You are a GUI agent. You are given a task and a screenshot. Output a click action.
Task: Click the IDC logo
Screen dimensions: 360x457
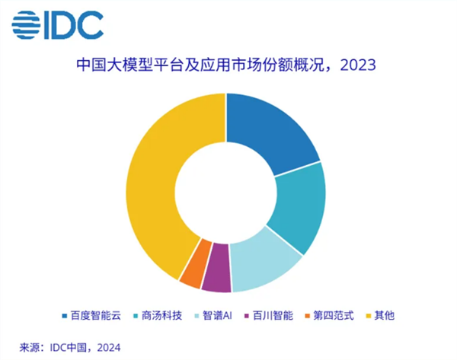pos(57,26)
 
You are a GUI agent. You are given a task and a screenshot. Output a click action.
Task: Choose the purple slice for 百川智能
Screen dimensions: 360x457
pos(217,279)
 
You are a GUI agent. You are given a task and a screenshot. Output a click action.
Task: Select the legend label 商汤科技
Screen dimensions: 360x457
pos(159,314)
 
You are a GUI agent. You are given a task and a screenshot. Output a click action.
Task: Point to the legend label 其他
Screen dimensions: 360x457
pos(390,314)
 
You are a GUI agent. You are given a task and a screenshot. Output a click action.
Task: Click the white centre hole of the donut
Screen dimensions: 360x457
pos(226,193)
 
